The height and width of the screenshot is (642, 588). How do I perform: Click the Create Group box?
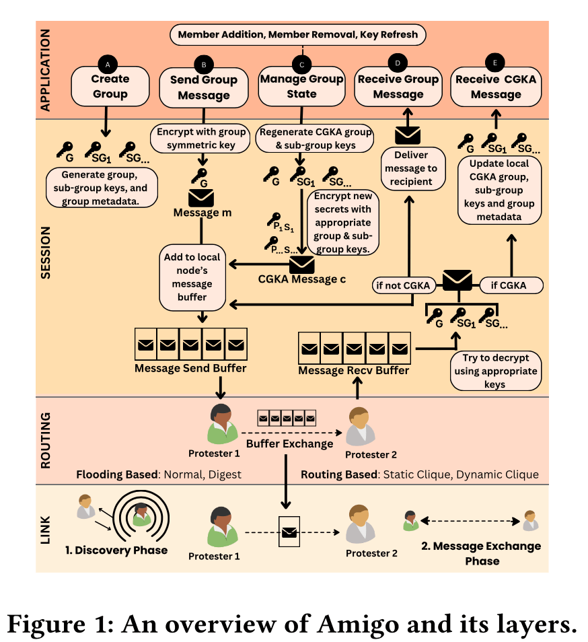110,86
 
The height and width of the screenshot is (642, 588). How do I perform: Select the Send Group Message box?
204,87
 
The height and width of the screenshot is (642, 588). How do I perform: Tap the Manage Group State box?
301,87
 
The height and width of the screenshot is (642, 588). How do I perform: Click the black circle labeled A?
108,63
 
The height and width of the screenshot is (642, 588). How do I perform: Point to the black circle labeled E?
496,63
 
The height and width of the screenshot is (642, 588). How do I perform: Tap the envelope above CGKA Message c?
302,264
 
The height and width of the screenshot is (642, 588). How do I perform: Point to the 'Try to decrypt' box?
494,371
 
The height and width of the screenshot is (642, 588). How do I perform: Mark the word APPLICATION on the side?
46,69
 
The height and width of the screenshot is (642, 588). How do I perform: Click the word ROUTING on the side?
46,439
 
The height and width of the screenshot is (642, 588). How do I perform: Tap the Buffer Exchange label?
289,444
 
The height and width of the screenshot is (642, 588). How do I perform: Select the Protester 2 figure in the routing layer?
359,427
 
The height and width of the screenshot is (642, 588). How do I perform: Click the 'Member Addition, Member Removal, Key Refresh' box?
298,34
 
